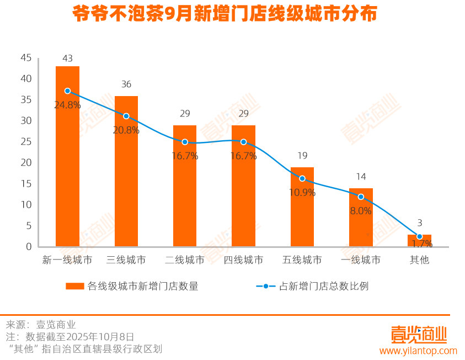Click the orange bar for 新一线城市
coord(67,166)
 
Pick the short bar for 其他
coord(419,241)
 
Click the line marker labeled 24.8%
coord(67,91)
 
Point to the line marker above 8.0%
coord(361,197)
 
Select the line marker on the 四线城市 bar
coord(243,142)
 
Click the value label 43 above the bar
coord(68,58)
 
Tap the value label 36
coord(126,84)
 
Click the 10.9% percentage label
coord(302,193)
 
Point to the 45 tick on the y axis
coord(26,58)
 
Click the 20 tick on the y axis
coord(26,163)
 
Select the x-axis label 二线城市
coord(185,260)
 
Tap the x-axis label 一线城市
coord(361,260)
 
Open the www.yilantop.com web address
coord(418,351)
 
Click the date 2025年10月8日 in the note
coord(102,336)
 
